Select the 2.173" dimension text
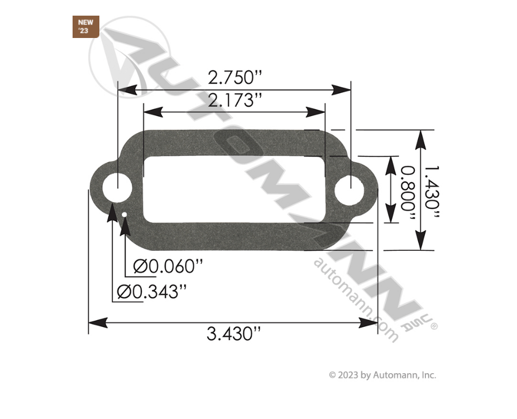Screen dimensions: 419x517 coord(234,101)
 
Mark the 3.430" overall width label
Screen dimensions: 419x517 coord(233,334)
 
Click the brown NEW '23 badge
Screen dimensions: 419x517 coord(85,27)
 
